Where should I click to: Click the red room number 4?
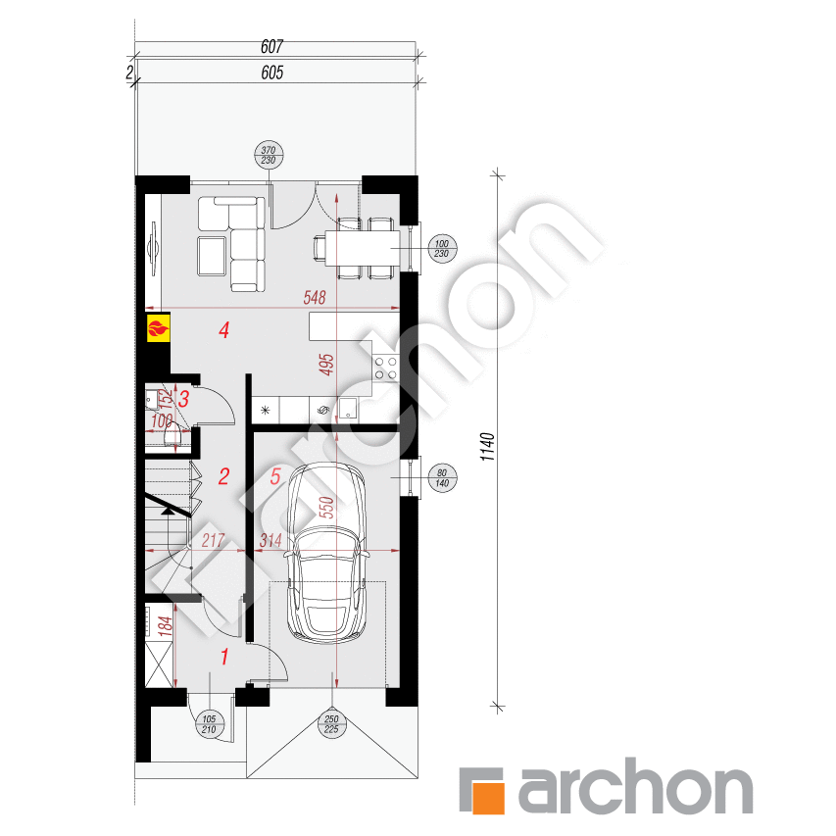(224, 330)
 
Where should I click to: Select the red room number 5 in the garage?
(275, 477)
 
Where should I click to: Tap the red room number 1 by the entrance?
(224, 657)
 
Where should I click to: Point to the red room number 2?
(224, 477)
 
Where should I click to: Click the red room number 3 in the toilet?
(183, 398)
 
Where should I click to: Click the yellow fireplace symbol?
(158, 327)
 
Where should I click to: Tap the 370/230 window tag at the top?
(267, 155)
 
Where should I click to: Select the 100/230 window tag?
(441, 250)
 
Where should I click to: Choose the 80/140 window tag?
(441, 477)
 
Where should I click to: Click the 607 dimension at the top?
(272, 46)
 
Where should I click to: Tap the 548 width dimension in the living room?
(314, 298)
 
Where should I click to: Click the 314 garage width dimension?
(271, 540)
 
